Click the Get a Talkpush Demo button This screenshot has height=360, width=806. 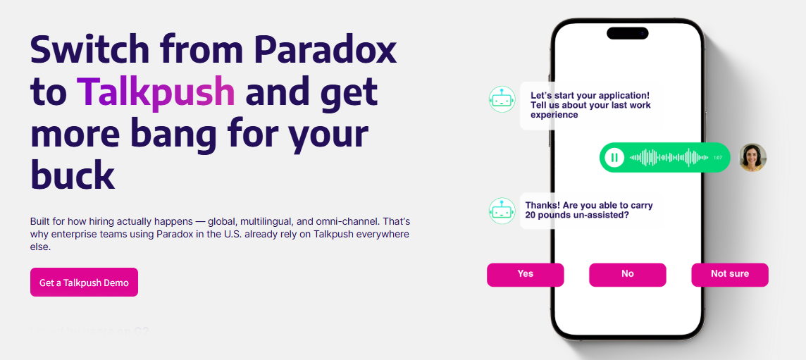click(84, 283)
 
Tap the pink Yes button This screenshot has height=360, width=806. click(525, 274)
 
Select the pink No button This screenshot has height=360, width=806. click(627, 274)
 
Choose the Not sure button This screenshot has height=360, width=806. click(729, 274)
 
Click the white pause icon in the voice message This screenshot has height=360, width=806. click(614, 157)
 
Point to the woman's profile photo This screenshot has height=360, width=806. click(752, 157)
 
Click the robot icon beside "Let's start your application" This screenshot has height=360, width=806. click(502, 99)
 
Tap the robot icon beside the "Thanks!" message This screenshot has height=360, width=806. click(502, 211)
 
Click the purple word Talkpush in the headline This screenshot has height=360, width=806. click(156, 92)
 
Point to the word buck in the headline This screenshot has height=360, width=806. click(72, 175)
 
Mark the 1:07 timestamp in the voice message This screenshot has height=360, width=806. click(717, 158)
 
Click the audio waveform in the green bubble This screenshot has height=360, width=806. click(669, 157)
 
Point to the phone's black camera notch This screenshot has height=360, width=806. click(627, 33)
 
